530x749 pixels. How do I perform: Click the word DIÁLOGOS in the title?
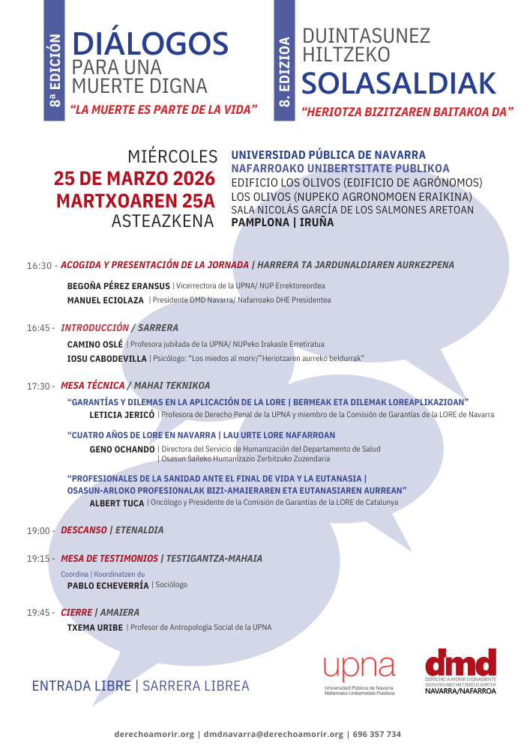coord(150,45)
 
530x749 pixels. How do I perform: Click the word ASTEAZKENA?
coord(164,222)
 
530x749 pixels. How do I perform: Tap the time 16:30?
coord(39,266)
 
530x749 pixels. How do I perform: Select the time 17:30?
coord(39,386)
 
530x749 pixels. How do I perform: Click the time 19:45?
coord(39,613)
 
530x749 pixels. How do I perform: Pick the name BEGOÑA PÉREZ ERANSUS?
coord(118,286)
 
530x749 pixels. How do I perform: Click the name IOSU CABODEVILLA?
coord(107,359)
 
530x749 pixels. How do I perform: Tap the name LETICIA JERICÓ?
coord(121,414)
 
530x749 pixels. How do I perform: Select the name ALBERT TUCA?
coord(116,503)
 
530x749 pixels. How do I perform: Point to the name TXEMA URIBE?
coord(95,628)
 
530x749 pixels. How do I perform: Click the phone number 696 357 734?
coord(376,735)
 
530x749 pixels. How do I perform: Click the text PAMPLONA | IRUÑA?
coord(282,222)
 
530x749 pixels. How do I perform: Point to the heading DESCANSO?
coord(84,530)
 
